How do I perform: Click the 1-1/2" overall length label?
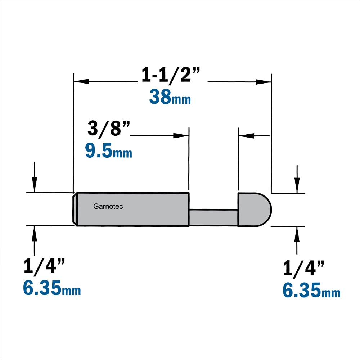(x=171, y=75)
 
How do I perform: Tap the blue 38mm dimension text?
(x=170, y=96)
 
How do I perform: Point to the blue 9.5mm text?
(x=109, y=150)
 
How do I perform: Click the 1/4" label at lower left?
(x=44, y=266)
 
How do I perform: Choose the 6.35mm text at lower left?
(x=52, y=288)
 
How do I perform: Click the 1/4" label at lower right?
(x=303, y=268)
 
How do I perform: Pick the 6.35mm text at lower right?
(x=311, y=290)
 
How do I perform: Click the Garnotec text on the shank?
(x=108, y=206)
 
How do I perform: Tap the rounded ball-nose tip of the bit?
(x=255, y=210)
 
